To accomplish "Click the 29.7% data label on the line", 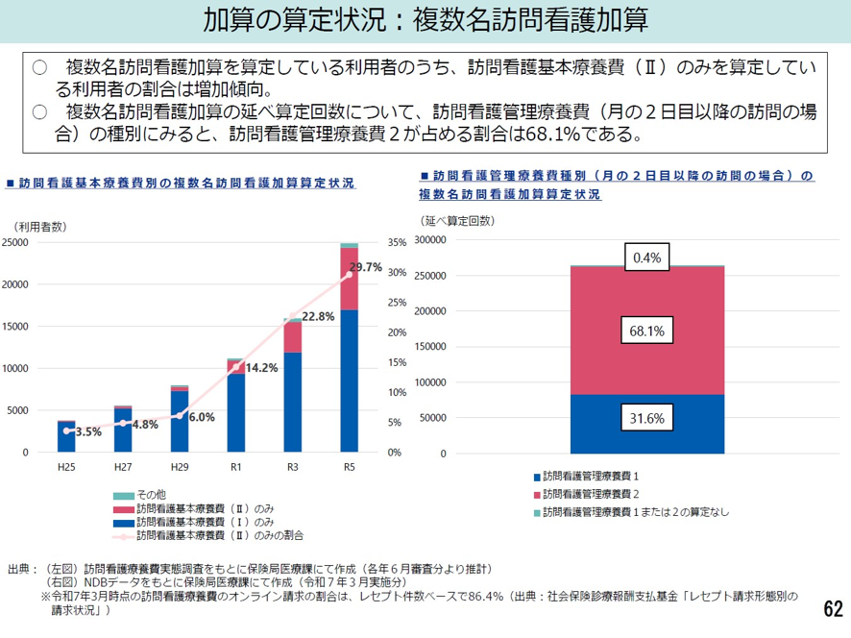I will (x=367, y=267).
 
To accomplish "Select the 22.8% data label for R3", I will (x=318, y=316).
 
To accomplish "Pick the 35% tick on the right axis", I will (x=399, y=243).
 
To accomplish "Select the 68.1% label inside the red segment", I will (x=646, y=331).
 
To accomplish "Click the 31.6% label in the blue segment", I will (x=646, y=419).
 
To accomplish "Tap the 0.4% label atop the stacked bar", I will (x=646, y=257).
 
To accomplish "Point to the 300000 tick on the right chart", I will (x=430, y=240).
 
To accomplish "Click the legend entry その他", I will (x=152, y=494).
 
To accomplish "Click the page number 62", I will (x=833, y=609).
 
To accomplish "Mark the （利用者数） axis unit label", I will (x=39, y=226).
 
